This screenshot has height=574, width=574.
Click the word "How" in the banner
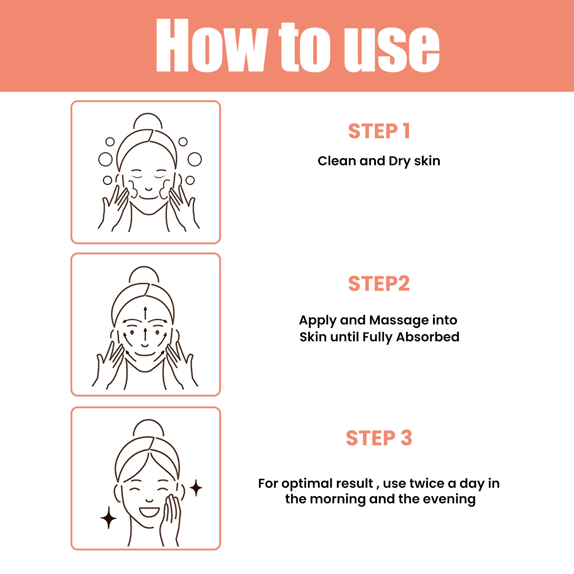pos(212,46)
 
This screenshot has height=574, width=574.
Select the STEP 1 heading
pos(379,131)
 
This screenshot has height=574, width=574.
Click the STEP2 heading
pos(379,283)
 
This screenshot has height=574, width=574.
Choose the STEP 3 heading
pos(379,438)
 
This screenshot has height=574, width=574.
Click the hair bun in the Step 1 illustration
pos(147,121)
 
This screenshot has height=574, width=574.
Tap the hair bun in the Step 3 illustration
pos(149,428)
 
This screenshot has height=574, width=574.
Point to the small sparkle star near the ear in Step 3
pos(196,488)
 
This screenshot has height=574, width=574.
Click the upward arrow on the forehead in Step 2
pos(145,313)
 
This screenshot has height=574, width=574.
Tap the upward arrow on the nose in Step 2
pos(145,334)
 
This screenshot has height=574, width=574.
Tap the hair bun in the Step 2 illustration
pos(144,274)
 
